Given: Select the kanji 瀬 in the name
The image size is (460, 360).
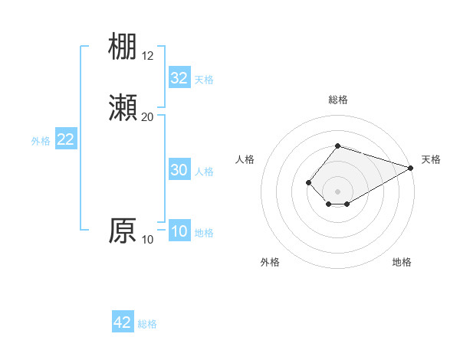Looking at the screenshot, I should coord(123,106).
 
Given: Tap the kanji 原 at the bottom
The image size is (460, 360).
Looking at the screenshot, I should coord(123,230).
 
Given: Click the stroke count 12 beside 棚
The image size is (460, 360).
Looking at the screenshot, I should coord(148,56).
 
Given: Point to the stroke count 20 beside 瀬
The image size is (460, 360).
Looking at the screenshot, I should coord(148,116).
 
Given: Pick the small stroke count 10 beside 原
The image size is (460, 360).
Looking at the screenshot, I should coord(148,240).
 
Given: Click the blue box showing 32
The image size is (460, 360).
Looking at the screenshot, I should coord(179,78).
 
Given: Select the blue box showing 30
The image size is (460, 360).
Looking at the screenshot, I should coord(179,171).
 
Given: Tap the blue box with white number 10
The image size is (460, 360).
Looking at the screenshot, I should coord(179,232).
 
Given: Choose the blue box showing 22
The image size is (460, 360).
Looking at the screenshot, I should coord(66,139).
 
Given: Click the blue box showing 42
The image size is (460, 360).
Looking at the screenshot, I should coord(123,322).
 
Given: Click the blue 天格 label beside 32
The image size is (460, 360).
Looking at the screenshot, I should coord(204,79).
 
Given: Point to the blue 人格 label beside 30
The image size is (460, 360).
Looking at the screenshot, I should coord(205,172).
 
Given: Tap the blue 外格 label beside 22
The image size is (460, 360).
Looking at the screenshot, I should coord(41,140).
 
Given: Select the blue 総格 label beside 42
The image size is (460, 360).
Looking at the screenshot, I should coord(147,324).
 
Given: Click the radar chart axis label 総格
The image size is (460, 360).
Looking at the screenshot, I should coord(338,100).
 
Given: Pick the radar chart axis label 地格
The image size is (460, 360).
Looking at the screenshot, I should coord(402,262).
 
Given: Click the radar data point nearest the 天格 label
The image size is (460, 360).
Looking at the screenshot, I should coord(411,169).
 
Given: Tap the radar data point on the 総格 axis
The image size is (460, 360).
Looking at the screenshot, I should coord(337,146).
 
